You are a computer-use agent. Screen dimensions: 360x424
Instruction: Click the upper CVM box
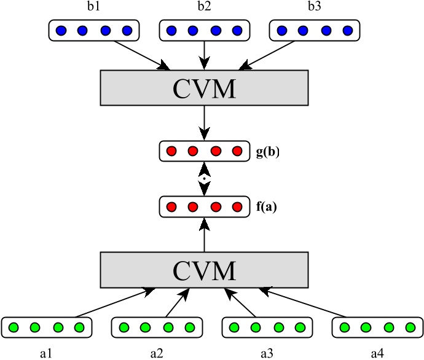(x=204, y=88)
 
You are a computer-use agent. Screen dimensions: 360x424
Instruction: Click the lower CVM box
(x=204, y=270)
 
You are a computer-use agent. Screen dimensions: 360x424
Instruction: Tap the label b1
(x=93, y=9)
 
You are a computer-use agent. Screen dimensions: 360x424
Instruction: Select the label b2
(x=204, y=9)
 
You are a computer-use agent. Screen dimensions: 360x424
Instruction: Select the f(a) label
(x=267, y=207)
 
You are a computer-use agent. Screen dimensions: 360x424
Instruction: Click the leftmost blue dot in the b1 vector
(x=60, y=31)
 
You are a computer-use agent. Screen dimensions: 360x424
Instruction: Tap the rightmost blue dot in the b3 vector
(x=348, y=31)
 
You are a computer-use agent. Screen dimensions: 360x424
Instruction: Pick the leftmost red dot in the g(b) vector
(x=171, y=151)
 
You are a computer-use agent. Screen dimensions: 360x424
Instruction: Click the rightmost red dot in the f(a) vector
(x=237, y=206)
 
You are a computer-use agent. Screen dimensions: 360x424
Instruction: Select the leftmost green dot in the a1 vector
(x=13, y=327)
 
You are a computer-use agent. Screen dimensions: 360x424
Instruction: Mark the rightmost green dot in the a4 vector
(x=410, y=327)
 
